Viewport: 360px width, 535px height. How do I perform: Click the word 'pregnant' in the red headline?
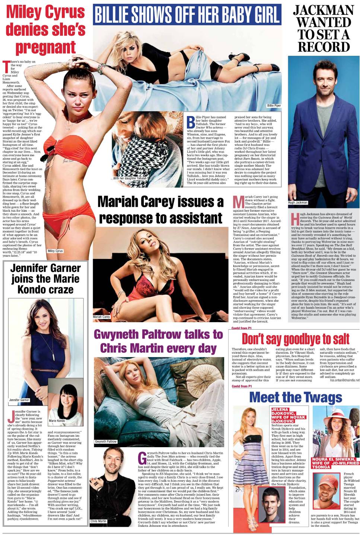[45, 48]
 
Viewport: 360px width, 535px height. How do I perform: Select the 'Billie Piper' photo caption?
[274, 106]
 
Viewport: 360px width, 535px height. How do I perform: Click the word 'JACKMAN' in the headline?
[324, 10]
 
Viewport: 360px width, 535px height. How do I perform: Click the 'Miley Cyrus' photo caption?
[55, 251]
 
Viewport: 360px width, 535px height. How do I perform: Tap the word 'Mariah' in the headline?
[117, 202]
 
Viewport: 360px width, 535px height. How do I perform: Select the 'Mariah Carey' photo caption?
[102, 317]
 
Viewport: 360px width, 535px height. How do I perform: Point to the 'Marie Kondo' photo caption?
[57, 421]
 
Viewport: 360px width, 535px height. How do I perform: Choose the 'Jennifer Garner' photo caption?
[19, 400]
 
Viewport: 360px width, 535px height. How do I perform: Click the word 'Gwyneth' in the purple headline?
[116, 334]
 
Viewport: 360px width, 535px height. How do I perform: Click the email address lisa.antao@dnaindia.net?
[344, 380]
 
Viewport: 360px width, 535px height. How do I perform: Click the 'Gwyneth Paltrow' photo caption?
[106, 442]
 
